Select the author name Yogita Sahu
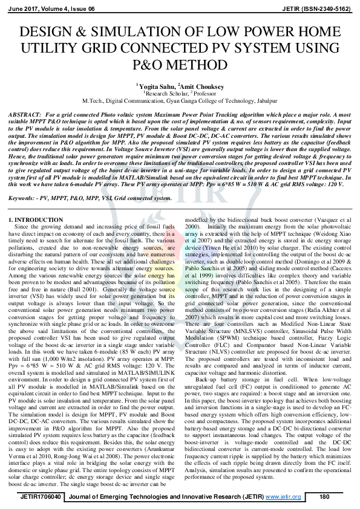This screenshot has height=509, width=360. point(155,87)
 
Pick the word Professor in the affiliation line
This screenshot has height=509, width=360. point(206,94)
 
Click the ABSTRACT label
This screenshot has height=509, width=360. point(23,115)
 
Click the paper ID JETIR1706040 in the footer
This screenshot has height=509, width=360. point(39,497)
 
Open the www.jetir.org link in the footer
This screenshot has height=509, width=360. point(287,497)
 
